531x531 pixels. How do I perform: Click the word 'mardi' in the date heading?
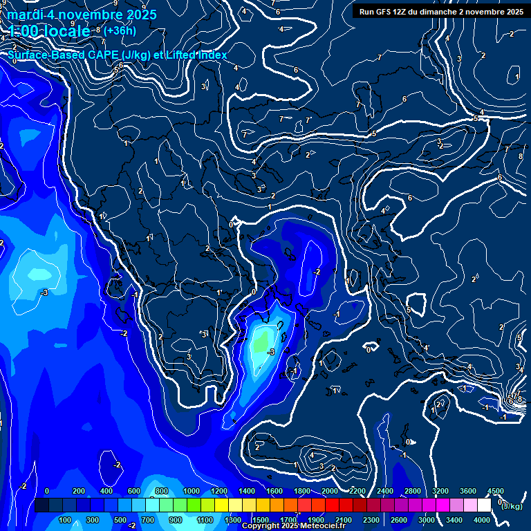[x=26, y=15]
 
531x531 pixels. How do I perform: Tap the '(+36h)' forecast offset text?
[x=120, y=30]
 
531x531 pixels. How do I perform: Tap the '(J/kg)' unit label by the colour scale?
[x=512, y=506]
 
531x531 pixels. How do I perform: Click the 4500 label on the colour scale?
[x=495, y=491]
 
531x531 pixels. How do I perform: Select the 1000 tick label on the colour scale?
[x=191, y=491]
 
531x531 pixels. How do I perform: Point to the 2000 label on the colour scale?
[x=330, y=491]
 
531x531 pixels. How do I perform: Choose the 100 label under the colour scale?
[x=65, y=520]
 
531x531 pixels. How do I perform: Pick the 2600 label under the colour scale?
[x=399, y=520]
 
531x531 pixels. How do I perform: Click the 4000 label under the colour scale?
[x=482, y=520]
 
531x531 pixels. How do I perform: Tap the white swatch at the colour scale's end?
[x=483, y=505]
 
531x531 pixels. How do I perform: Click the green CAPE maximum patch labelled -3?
[x=262, y=341]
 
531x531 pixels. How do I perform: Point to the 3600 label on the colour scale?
[x=468, y=491]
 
